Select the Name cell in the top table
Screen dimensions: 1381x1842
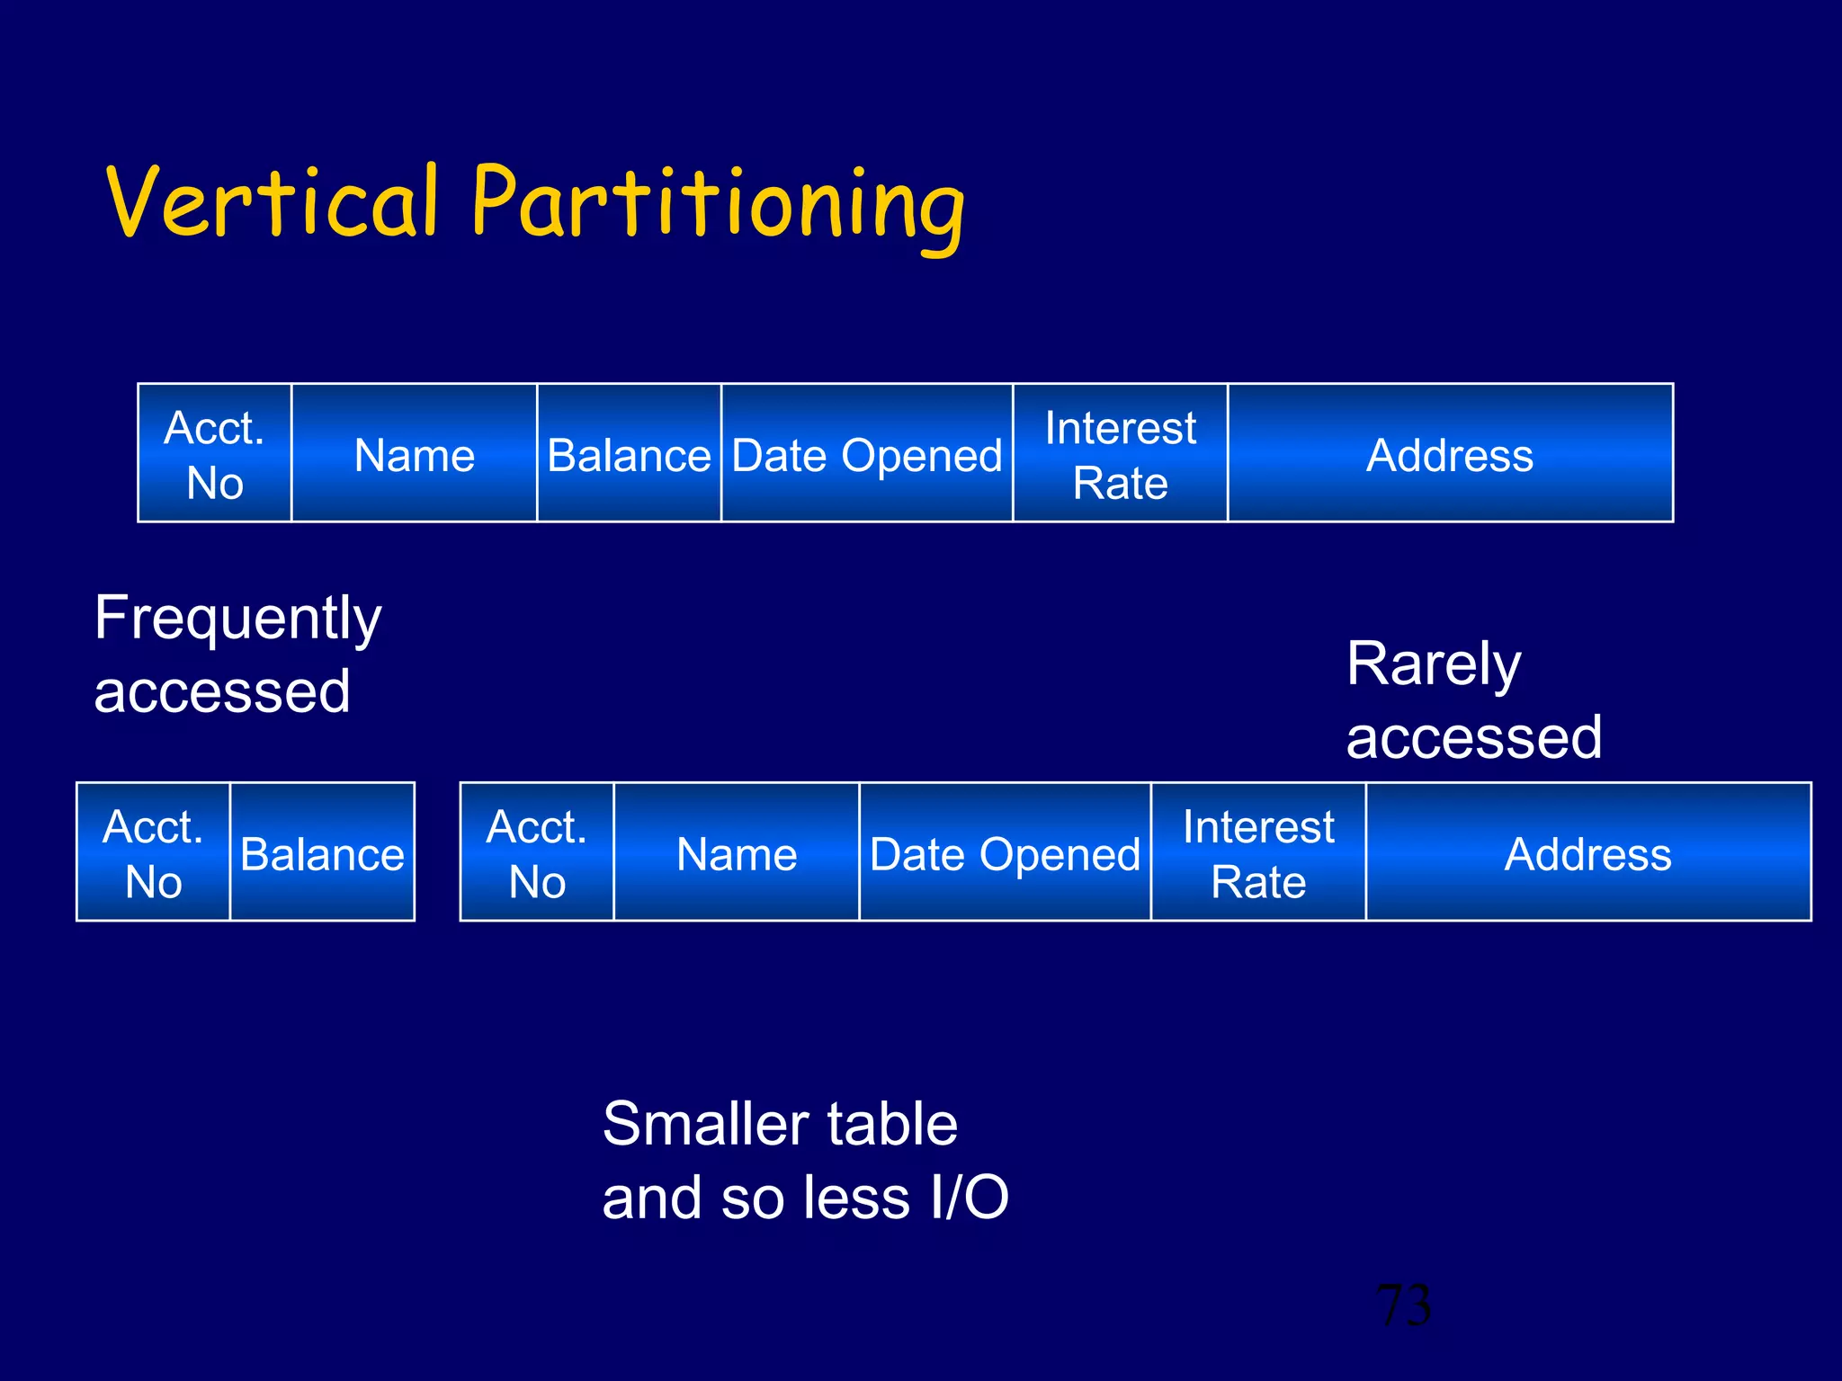click(x=414, y=455)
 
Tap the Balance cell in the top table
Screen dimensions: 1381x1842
click(x=629, y=455)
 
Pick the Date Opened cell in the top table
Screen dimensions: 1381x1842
click(x=866, y=455)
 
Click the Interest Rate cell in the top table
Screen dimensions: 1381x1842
click(x=1120, y=455)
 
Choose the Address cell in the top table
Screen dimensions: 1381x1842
click(x=1449, y=455)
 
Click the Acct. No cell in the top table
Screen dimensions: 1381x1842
click(x=214, y=455)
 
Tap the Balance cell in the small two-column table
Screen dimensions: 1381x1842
click(x=322, y=853)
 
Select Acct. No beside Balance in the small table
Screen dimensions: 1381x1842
click(x=153, y=853)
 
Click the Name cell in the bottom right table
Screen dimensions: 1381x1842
click(x=736, y=853)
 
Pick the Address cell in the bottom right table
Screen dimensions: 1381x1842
click(x=1587, y=853)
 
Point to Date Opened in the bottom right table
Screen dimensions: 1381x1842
click(x=1005, y=853)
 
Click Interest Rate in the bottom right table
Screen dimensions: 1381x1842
click(x=1257, y=853)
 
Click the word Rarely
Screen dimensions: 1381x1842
click(x=1434, y=665)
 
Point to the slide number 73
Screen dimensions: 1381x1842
click(x=1403, y=1305)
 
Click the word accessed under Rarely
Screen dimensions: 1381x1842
click(x=1473, y=738)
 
